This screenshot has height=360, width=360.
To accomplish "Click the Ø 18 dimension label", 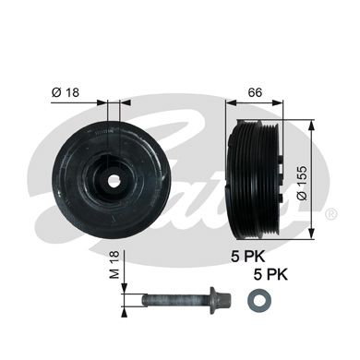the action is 66,92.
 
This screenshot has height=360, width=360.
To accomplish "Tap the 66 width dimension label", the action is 255,92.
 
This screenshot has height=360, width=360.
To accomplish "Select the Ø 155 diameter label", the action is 303,183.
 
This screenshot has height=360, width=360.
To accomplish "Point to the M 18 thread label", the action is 114,265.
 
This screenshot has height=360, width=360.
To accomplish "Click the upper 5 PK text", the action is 248,257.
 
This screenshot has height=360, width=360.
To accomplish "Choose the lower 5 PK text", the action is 270,274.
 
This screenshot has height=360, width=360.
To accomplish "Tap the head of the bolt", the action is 224,300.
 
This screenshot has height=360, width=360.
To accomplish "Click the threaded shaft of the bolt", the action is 175,300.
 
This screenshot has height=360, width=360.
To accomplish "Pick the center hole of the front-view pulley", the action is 112,181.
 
